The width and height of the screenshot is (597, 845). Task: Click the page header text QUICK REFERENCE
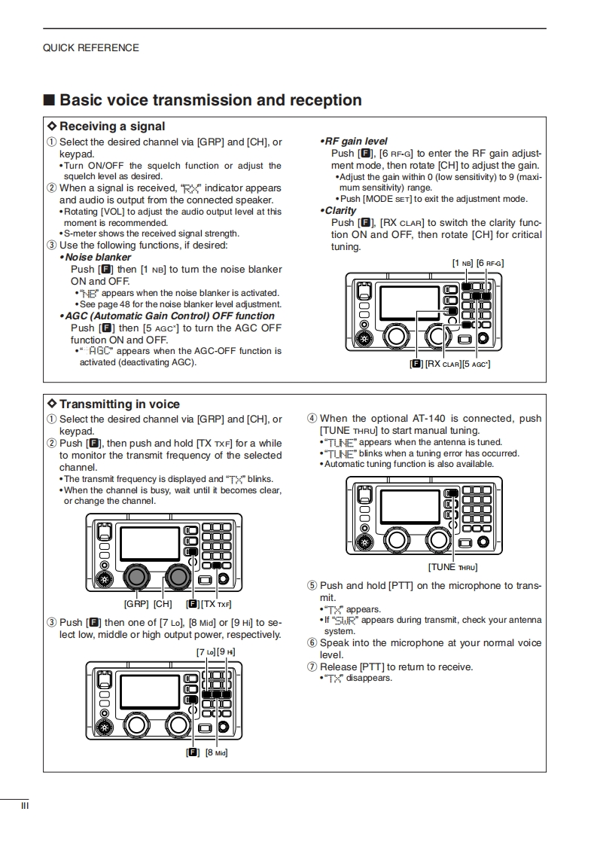pyautogui.click(x=90, y=47)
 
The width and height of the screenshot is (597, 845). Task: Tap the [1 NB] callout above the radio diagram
pyautogui.click(x=462, y=263)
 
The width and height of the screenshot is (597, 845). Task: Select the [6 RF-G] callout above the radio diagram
pyautogui.click(x=490, y=263)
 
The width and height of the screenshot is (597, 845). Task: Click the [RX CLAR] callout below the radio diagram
pyautogui.click(x=443, y=364)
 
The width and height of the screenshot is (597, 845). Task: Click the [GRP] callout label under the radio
pyautogui.click(x=136, y=604)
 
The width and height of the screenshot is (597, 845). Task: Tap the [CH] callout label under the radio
pyautogui.click(x=163, y=604)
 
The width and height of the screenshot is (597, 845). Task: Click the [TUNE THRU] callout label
pyautogui.click(x=452, y=567)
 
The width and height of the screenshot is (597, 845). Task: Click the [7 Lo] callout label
pyautogui.click(x=205, y=651)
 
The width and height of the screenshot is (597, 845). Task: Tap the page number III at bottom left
pyautogui.click(x=25, y=806)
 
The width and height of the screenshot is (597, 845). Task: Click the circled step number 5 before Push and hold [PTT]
pyautogui.click(x=312, y=586)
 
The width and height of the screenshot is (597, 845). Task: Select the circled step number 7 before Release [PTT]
pyautogui.click(x=312, y=667)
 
